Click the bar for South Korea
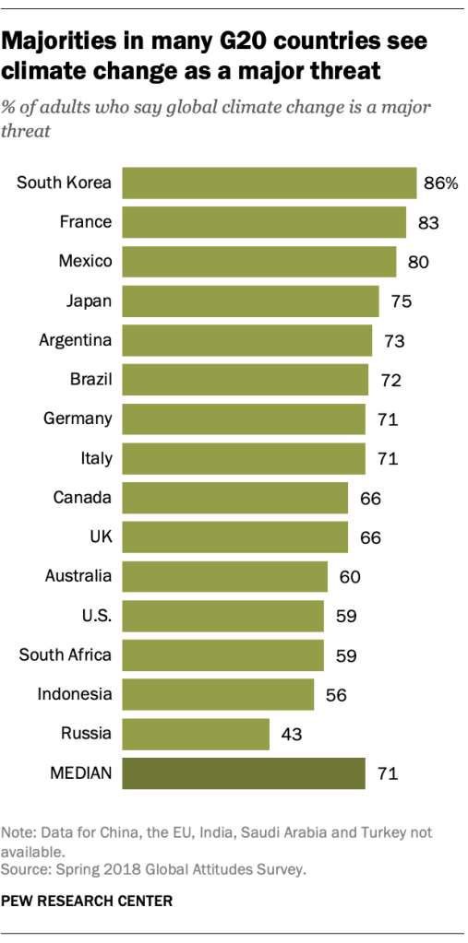(x=269, y=183)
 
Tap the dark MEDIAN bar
(x=244, y=773)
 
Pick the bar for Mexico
(x=258, y=261)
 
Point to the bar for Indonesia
(x=218, y=694)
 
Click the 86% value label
(x=440, y=183)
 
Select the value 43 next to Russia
(x=291, y=735)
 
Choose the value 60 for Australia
(x=349, y=577)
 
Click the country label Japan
(x=89, y=301)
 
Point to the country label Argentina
(x=75, y=340)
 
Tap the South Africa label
(x=66, y=655)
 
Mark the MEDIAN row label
(x=80, y=773)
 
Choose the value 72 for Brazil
(x=389, y=380)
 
